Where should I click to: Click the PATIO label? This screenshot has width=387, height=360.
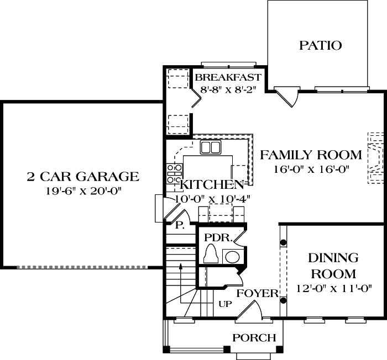[320, 45]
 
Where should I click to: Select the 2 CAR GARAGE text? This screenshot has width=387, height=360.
[83, 177]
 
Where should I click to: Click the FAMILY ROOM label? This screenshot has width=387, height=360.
[311, 155]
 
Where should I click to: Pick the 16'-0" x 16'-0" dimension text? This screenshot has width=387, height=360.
[311, 170]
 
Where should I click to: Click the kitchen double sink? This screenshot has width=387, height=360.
[210, 147]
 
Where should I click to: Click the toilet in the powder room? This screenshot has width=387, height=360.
[211, 255]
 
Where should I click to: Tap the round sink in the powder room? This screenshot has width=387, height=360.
[232, 256]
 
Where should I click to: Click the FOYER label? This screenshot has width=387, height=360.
[257, 293]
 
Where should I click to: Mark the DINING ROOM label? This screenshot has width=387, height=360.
[333, 266]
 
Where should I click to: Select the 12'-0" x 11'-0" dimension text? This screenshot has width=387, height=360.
[333, 288]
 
